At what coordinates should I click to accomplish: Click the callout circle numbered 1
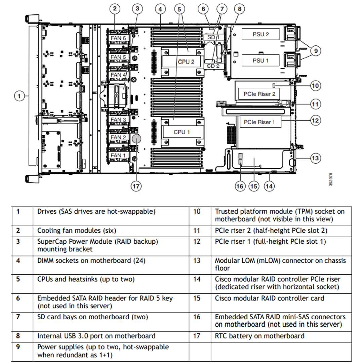pyautogui.click(x=19, y=96)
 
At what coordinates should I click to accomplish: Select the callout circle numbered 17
pyautogui.click(x=136, y=186)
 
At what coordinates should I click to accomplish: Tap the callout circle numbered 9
pyautogui.click(x=315, y=51)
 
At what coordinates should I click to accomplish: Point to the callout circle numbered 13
pyautogui.click(x=315, y=158)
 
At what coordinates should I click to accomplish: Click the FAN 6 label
pyautogui.click(x=118, y=38)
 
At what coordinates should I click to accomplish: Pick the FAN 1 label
pyautogui.click(x=118, y=155)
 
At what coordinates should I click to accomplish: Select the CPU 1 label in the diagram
pyautogui.click(x=182, y=132)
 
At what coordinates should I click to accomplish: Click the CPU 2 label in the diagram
pyautogui.click(x=186, y=62)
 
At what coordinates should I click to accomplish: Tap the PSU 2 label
pyautogui.click(x=261, y=34)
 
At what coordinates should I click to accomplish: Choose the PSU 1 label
pyautogui.click(x=261, y=61)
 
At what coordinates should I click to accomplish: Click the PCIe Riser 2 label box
pyautogui.click(x=259, y=94)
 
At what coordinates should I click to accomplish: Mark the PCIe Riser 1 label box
pyautogui.click(x=259, y=122)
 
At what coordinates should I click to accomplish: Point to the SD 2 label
pyautogui.click(x=213, y=66)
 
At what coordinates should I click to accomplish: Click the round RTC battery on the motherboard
pyautogui.click(x=136, y=139)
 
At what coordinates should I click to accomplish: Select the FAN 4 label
pyautogui.click(x=118, y=75)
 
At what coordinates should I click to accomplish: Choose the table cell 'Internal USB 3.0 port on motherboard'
pyautogui.click(x=96, y=336)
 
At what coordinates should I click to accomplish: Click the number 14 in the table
pyautogui.click(x=197, y=279)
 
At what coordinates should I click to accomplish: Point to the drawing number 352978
pyautogui.click(x=331, y=179)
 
